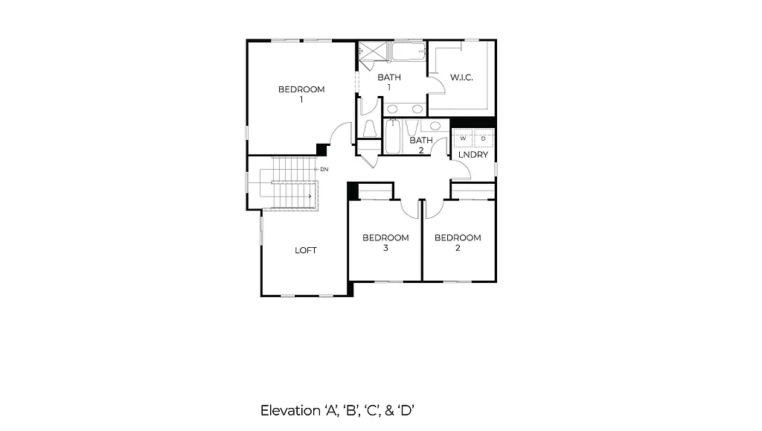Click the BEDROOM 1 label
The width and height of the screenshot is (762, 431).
coord(301,94)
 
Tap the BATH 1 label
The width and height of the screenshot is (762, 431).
coord(388,82)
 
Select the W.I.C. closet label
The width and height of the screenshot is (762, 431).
coord(461,77)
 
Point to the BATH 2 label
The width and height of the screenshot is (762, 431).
coord(420,144)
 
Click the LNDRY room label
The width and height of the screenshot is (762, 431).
coord(473,155)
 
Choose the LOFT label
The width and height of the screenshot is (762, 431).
coord(306,250)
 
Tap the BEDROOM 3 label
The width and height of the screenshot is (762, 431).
coord(385,243)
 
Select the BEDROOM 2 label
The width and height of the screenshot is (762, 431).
coord(458,243)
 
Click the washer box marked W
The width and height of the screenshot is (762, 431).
coord(463,138)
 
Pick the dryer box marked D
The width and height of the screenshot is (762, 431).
coord(483,138)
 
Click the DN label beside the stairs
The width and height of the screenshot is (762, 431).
coord(324,170)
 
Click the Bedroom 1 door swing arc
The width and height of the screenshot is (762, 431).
coord(341,134)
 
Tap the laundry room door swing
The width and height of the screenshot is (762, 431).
coord(461,170)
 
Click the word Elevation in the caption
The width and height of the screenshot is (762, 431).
coord(286,410)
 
